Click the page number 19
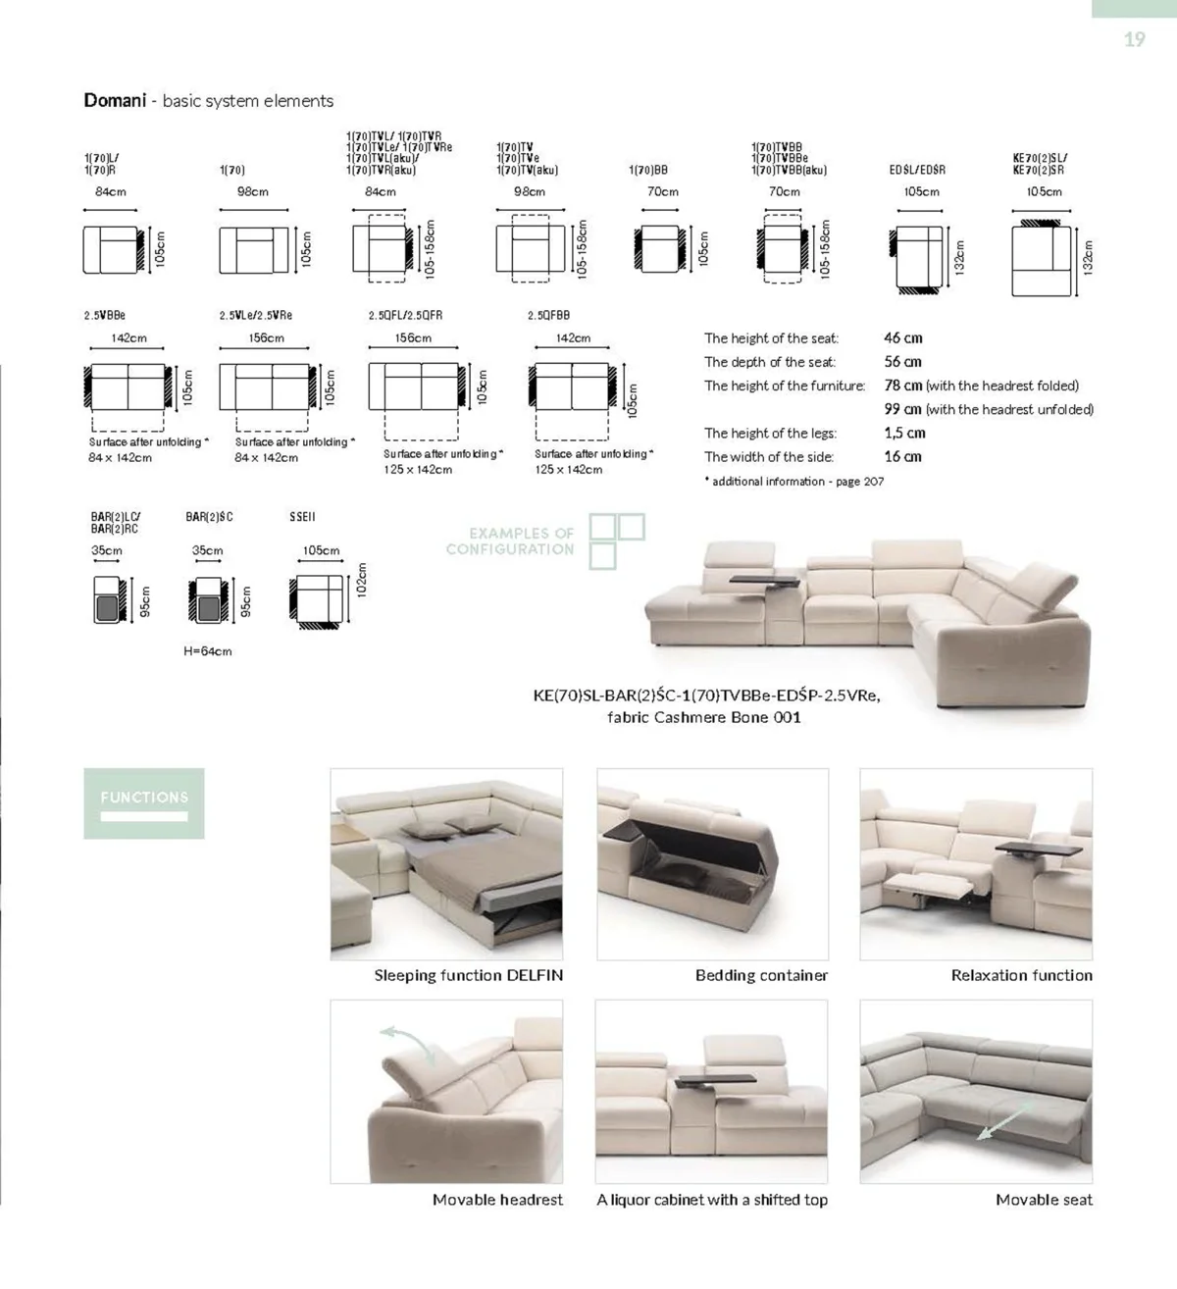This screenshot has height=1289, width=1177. [x=1134, y=39]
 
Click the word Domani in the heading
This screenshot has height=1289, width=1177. [x=115, y=100]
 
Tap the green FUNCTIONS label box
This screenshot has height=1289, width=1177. [x=144, y=802]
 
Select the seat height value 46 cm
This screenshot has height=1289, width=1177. [x=902, y=338]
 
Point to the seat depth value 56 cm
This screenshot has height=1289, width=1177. [x=902, y=362]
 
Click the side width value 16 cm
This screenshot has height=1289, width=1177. [x=902, y=456]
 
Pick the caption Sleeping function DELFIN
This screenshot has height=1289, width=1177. [x=468, y=975]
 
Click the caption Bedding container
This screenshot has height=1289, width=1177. [x=761, y=975]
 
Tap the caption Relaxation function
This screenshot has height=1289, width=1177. [x=1021, y=975]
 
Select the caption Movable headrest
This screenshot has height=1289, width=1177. [x=497, y=1199]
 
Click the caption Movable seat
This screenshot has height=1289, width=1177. [x=1044, y=1199]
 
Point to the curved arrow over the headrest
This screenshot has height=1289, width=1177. [x=407, y=1041]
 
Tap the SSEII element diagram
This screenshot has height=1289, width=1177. [x=317, y=597]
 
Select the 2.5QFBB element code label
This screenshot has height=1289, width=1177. [x=548, y=316]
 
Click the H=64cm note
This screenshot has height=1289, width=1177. [x=208, y=651]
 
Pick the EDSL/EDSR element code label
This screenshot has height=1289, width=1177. [x=917, y=170]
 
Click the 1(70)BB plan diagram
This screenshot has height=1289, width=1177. [x=659, y=249]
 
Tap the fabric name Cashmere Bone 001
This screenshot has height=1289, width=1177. [x=703, y=717]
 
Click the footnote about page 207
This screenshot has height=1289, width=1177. [x=794, y=482]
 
